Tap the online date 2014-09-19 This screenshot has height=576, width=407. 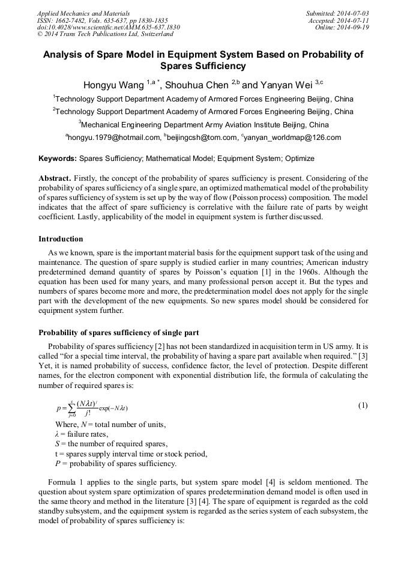point(354,27)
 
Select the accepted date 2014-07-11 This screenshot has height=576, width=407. point(352,20)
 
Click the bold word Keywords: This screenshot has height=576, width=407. point(58,159)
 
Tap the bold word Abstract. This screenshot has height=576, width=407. point(55,178)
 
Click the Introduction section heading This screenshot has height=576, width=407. point(61,239)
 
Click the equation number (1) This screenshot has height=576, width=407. point(363,405)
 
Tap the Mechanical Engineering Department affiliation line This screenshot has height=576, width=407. point(204,125)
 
